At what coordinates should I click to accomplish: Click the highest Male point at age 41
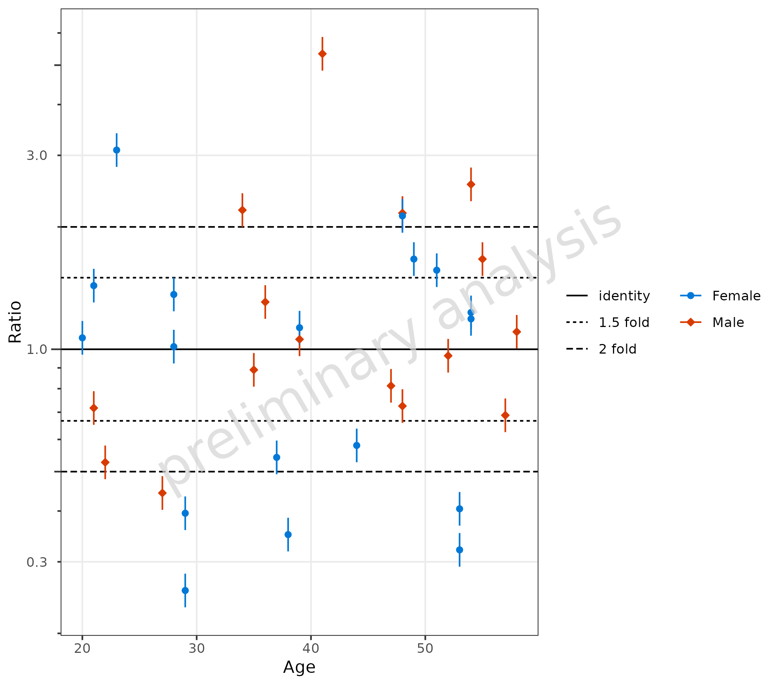[322, 54]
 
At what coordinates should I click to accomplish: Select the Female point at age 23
[117, 150]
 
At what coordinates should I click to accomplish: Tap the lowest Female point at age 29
[185, 590]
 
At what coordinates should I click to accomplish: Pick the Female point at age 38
[288, 535]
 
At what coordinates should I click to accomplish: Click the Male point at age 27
[162, 493]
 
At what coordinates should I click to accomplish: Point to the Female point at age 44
[357, 446]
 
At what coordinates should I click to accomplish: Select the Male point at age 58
[516, 332]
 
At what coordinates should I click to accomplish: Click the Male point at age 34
[242, 210]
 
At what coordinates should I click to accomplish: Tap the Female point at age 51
[437, 270]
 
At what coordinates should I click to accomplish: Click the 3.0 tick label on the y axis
[37, 156]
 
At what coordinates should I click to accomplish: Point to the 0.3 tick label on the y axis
[37, 562]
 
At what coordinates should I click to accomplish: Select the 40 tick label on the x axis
[311, 648]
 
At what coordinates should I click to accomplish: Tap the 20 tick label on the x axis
[82, 648]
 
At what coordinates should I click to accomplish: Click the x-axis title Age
[299, 667]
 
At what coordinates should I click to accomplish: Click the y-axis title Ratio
[15, 322]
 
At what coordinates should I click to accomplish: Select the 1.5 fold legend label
[624, 323]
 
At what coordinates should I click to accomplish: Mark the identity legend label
[624, 296]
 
